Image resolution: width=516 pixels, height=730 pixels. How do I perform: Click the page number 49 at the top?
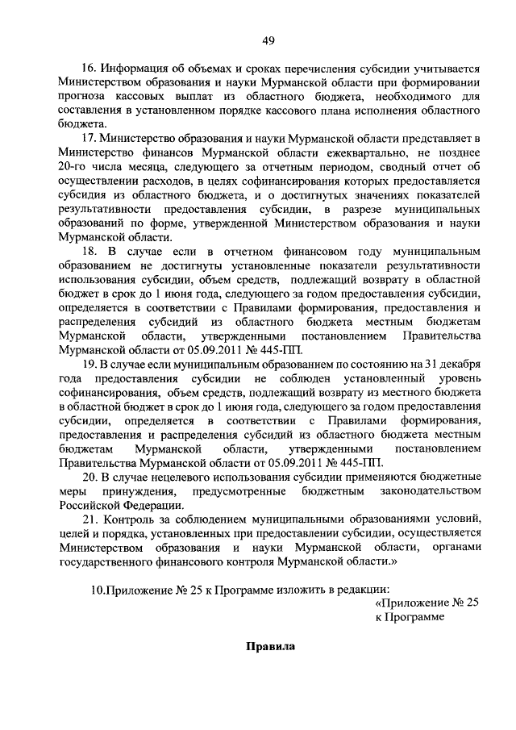pos(268,43)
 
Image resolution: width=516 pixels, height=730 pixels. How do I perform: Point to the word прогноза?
pos(83,97)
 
